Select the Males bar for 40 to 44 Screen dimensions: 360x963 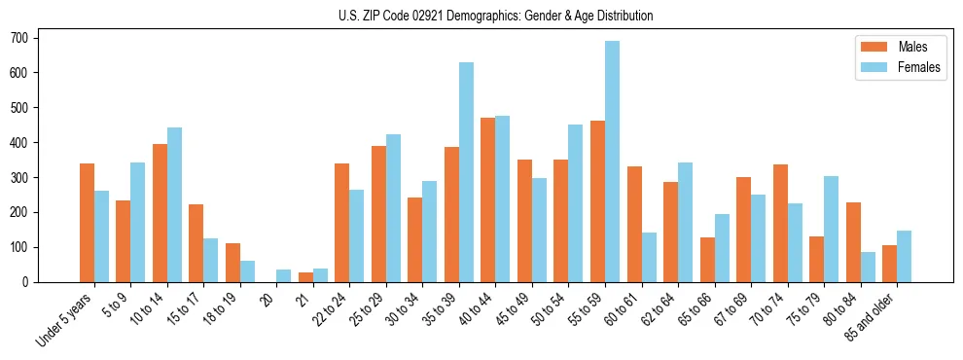[x=488, y=199]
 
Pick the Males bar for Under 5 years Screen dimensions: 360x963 [x=87, y=223]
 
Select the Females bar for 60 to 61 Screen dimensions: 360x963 [x=649, y=257]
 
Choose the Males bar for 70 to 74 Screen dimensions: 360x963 [x=780, y=223]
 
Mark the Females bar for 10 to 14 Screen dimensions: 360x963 [x=174, y=204]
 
